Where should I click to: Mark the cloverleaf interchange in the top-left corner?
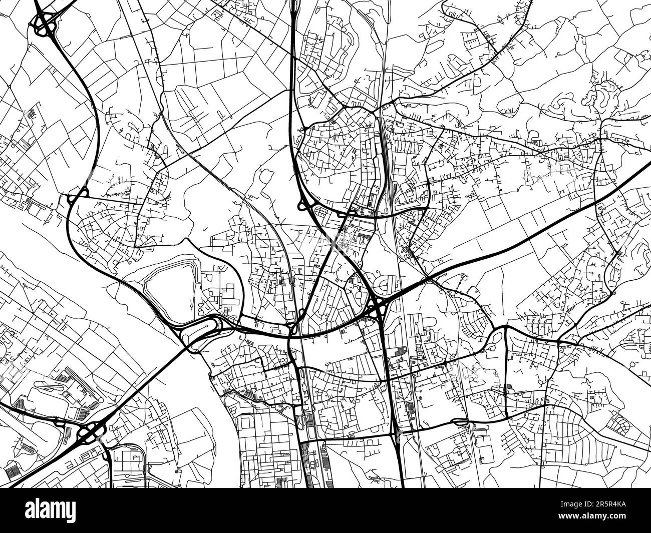click(x=45, y=23)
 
